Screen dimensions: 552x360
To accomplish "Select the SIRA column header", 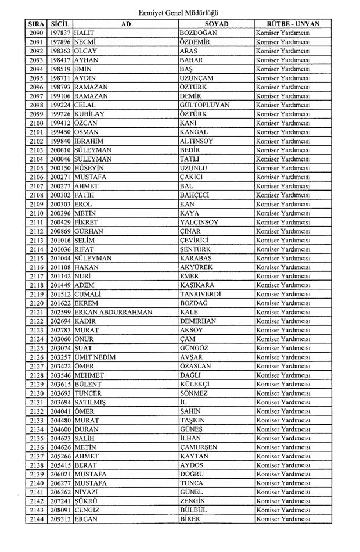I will click(x=36, y=24).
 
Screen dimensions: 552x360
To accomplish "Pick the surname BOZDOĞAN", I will click(x=199, y=33).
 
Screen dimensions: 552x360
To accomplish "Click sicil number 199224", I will click(x=60, y=105).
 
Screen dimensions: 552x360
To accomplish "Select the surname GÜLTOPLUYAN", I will click(x=205, y=105).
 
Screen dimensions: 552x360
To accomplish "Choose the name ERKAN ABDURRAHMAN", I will click(x=114, y=312).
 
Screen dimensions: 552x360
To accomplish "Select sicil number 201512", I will click(x=60, y=294).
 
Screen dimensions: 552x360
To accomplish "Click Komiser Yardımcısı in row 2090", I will click(x=283, y=33).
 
